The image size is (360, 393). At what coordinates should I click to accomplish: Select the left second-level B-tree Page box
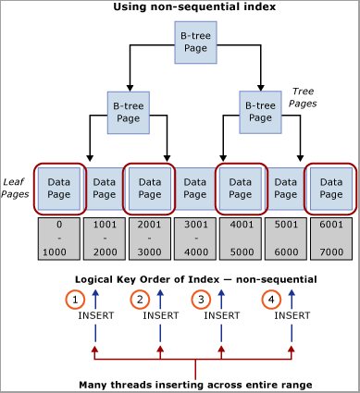tap(127, 112)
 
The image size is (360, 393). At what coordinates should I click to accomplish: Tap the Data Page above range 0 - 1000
tap(58, 190)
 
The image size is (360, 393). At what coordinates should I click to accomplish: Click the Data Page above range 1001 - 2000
tap(104, 190)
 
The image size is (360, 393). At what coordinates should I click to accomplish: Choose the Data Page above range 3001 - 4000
tap(193, 190)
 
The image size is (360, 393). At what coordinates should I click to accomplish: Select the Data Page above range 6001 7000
tap(330, 190)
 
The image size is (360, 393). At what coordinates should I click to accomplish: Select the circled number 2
tap(140, 299)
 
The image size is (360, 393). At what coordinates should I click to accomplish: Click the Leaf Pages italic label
tap(16, 190)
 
